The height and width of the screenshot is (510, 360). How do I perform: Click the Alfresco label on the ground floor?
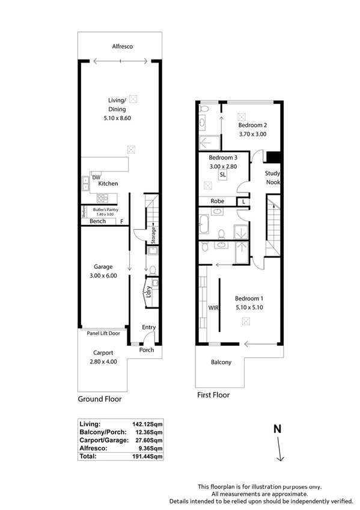122,46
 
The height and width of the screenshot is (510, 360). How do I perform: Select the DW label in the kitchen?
96,177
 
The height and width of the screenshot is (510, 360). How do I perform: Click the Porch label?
147,350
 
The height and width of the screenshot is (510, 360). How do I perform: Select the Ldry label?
148,292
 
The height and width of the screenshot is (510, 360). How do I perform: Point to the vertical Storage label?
154,235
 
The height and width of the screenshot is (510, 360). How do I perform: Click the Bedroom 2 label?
252,126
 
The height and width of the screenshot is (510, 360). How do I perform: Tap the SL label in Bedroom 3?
222,174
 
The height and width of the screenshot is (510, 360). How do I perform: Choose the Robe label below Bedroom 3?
217,201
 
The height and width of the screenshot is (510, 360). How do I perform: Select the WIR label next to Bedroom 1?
212,307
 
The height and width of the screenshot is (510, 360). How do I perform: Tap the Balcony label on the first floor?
222,363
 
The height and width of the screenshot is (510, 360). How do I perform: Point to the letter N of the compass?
277,429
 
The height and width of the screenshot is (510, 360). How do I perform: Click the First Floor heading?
213,395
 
